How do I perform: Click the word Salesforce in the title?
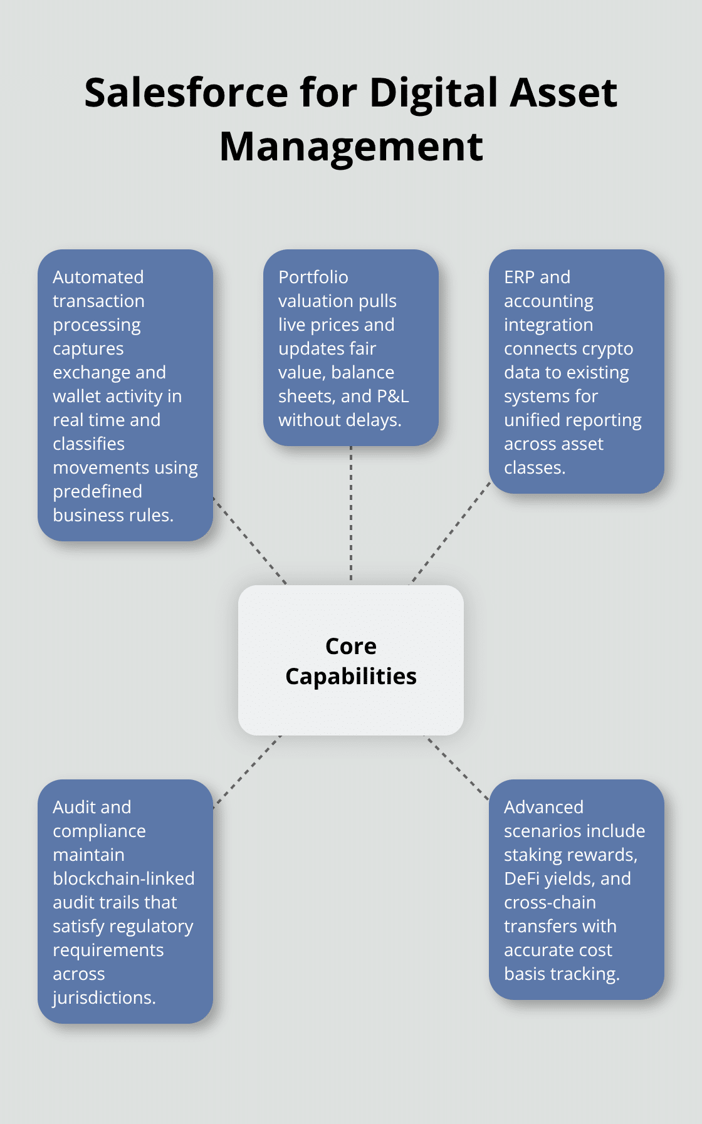click(x=186, y=93)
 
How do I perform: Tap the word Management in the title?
click(x=351, y=147)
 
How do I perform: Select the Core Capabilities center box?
click(x=351, y=660)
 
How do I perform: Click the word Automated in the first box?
click(x=98, y=277)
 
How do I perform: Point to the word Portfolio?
click(x=313, y=277)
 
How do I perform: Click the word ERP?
click(x=520, y=277)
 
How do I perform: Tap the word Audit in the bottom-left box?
click(x=73, y=807)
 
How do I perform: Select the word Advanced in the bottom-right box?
click(x=543, y=807)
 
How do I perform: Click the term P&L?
click(x=392, y=396)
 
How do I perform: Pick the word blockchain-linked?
click(x=123, y=878)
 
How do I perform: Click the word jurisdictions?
click(x=104, y=997)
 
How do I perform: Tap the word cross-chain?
click(x=550, y=902)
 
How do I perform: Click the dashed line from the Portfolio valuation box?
click(x=351, y=514)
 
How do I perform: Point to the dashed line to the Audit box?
click(x=247, y=772)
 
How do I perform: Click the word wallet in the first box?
click(x=77, y=396)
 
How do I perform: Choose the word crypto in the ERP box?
click(x=612, y=348)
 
